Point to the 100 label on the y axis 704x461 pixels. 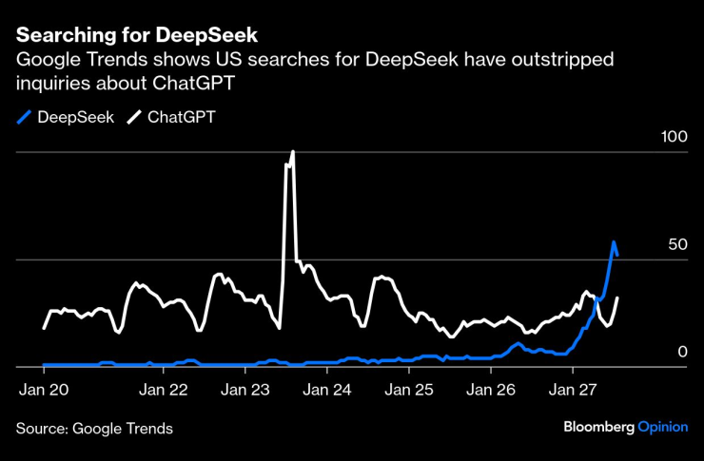coord(674,137)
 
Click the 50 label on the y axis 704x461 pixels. coord(676,244)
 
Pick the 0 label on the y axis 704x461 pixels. coord(681,353)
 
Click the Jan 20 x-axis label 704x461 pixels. coord(43,389)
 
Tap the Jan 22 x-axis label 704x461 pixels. coord(164,389)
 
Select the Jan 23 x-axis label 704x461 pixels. coord(245,389)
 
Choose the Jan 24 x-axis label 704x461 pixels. coord(328,389)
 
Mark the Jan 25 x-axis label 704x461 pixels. coord(410,389)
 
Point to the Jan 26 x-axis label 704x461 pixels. coord(493,389)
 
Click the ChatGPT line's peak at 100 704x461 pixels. coord(292,152)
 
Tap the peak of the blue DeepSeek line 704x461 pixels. coord(614,242)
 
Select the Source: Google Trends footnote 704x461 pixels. coord(95,429)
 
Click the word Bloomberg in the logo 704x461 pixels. coord(598,428)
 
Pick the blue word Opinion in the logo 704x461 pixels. coord(662,428)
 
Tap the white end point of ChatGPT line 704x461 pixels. coord(617,298)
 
